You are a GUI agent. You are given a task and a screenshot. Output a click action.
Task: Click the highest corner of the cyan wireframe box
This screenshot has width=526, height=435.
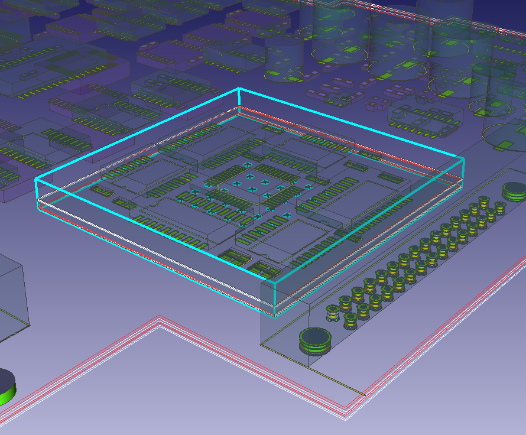[239, 88]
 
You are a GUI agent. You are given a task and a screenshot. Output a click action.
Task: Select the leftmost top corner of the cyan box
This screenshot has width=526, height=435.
[35, 178]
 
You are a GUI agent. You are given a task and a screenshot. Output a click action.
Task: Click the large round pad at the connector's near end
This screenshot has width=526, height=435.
[314, 339]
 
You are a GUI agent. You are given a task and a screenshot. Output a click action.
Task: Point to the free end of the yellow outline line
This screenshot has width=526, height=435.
[365, 394]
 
